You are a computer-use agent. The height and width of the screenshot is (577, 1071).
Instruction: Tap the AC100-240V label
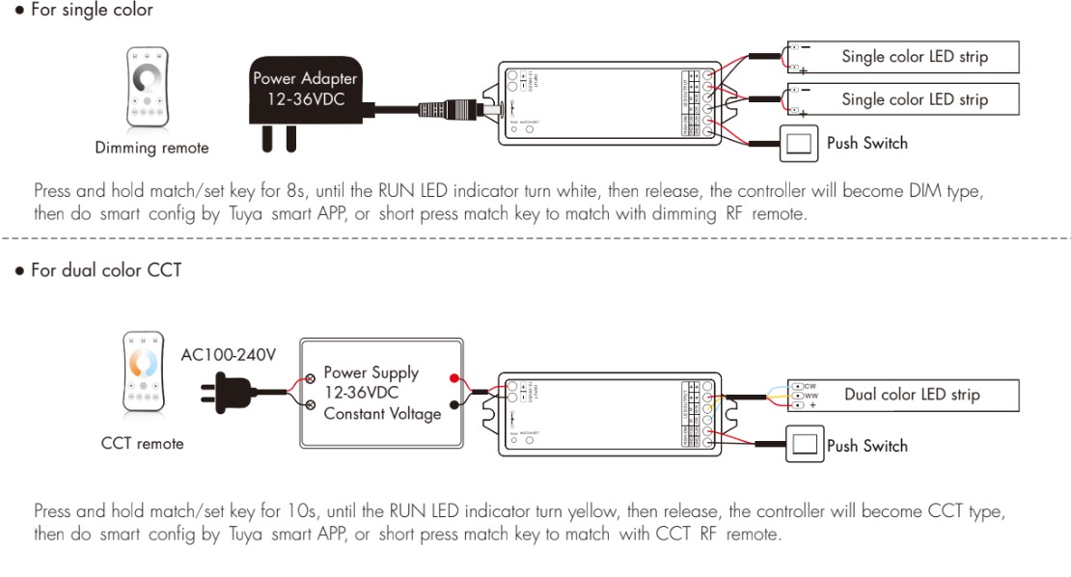pos(229,354)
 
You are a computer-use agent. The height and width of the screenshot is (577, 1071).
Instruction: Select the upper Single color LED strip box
pos(902,57)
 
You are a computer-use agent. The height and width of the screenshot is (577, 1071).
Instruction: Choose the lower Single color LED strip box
pos(902,99)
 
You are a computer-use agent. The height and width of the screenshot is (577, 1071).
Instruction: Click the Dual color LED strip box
pos(902,395)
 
